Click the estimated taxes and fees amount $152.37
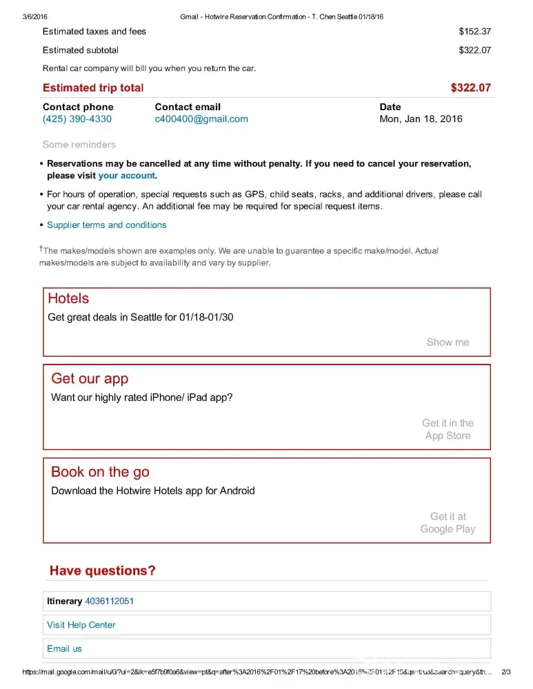[x=474, y=31]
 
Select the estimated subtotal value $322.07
[x=474, y=50]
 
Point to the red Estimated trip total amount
[x=470, y=88]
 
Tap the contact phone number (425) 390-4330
[x=77, y=119]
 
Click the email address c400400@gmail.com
[x=201, y=119]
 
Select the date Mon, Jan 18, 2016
[x=421, y=119]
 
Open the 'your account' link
[x=127, y=176]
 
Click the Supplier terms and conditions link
[x=107, y=225]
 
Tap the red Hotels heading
[x=68, y=298]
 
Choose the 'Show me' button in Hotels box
[x=447, y=342]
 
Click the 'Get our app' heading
[x=90, y=378]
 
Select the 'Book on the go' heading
[x=100, y=472]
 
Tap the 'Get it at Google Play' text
[x=447, y=522]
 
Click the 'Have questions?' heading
[x=103, y=570]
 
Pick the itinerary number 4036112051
[x=109, y=601]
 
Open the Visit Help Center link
[x=81, y=625]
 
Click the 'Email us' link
[x=64, y=648]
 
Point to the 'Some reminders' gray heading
[x=79, y=145]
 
